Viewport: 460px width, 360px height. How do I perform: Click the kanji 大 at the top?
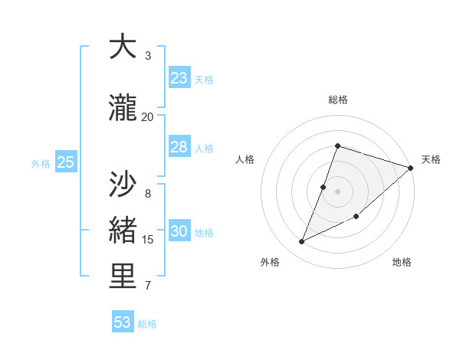(x=123, y=47)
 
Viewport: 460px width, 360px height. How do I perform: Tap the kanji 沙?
(x=123, y=184)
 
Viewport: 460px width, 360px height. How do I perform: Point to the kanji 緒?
(x=123, y=231)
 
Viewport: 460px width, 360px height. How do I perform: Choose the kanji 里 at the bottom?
(x=123, y=277)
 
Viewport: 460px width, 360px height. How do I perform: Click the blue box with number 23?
(x=179, y=78)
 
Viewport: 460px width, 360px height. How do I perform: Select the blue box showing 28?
(x=179, y=147)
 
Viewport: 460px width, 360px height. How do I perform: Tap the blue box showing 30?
(x=179, y=231)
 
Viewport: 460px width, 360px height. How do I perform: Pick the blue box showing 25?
(x=65, y=162)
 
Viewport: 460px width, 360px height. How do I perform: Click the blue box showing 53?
(x=123, y=322)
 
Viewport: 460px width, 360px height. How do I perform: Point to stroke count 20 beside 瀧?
(x=147, y=116)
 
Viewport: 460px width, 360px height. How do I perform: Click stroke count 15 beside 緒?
(x=148, y=240)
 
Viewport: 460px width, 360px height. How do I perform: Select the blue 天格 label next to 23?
(x=204, y=79)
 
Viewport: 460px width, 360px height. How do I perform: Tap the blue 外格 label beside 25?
(x=41, y=163)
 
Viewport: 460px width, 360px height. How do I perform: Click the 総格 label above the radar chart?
(x=337, y=100)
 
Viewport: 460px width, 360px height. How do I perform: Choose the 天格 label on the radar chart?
(x=431, y=159)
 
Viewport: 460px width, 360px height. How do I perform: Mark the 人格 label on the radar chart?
(x=245, y=159)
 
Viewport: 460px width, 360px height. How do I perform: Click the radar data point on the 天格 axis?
(x=411, y=168)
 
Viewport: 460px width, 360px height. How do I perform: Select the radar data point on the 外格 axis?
(x=302, y=242)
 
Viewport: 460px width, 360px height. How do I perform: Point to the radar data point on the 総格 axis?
(x=337, y=146)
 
